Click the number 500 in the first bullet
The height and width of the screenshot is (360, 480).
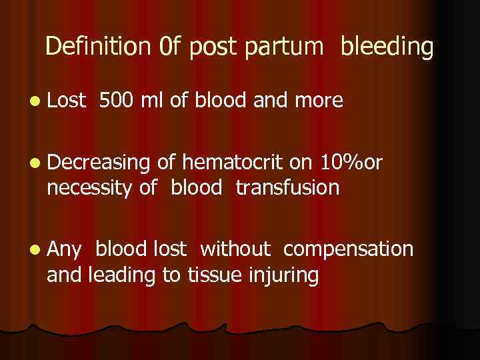tap(116, 101)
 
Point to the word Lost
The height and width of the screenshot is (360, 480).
tap(67, 101)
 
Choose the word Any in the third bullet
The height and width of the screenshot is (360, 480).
tap(64, 251)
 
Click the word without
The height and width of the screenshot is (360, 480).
tap(235, 249)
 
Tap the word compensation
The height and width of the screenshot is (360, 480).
tap(348, 251)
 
